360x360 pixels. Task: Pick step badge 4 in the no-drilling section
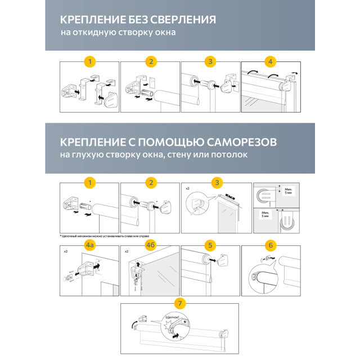tap(271, 61)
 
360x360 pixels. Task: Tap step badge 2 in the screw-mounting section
tap(150, 182)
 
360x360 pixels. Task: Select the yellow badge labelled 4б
tap(150, 246)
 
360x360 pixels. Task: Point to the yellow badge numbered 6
tap(271, 246)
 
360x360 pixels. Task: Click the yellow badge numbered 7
tap(180, 303)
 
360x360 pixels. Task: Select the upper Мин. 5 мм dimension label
tap(289, 192)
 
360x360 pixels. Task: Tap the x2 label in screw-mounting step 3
tap(187, 188)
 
